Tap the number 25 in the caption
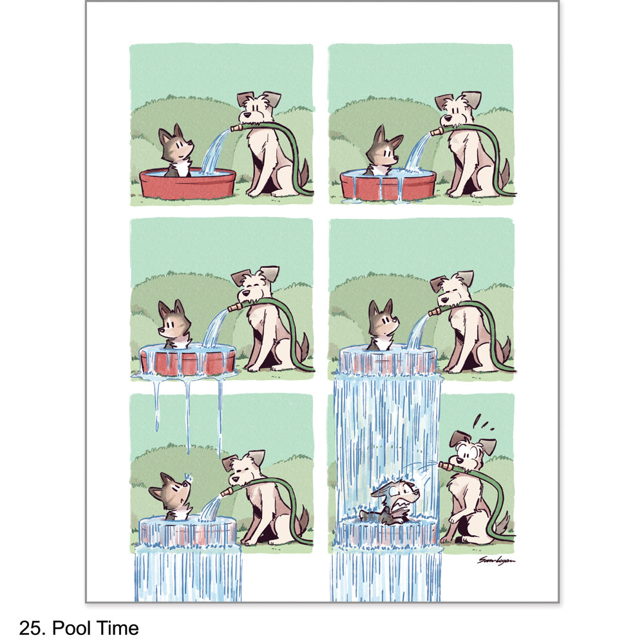tap(30, 627)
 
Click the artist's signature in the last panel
tap(496, 560)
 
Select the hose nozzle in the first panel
tap(236, 128)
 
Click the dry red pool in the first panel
tap(187, 184)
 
